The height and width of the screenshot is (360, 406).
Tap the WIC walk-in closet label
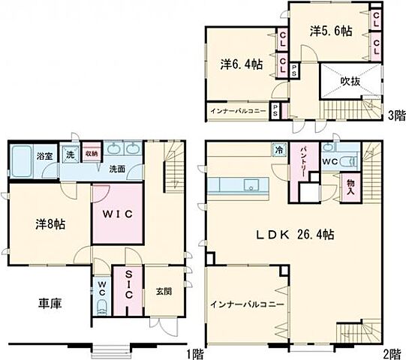[x=119, y=214]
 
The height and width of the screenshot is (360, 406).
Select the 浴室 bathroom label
[x=46, y=157]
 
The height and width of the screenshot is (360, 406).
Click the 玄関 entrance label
[x=164, y=290]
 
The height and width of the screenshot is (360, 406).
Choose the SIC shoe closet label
[x=128, y=285]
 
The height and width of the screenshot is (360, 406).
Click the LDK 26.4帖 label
[x=296, y=234]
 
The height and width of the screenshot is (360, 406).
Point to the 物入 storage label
[x=350, y=186]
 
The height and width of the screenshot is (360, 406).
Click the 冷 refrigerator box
[x=278, y=148]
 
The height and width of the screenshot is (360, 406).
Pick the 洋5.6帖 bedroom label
[x=329, y=31]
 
